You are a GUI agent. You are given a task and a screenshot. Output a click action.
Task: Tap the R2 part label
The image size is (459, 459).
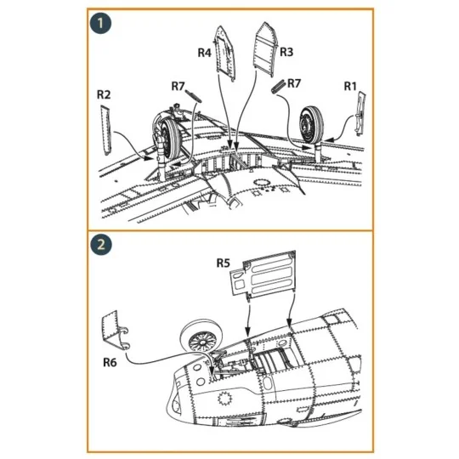(x=104, y=94)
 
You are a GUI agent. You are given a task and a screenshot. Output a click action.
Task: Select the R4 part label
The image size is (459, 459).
(x=204, y=53)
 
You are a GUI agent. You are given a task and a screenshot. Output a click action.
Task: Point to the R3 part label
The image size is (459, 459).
(x=286, y=53)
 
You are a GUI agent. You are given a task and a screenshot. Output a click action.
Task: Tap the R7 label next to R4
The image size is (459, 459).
(x=178, y=86)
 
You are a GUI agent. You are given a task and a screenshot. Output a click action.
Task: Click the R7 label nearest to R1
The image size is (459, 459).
(x=294, y=83)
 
